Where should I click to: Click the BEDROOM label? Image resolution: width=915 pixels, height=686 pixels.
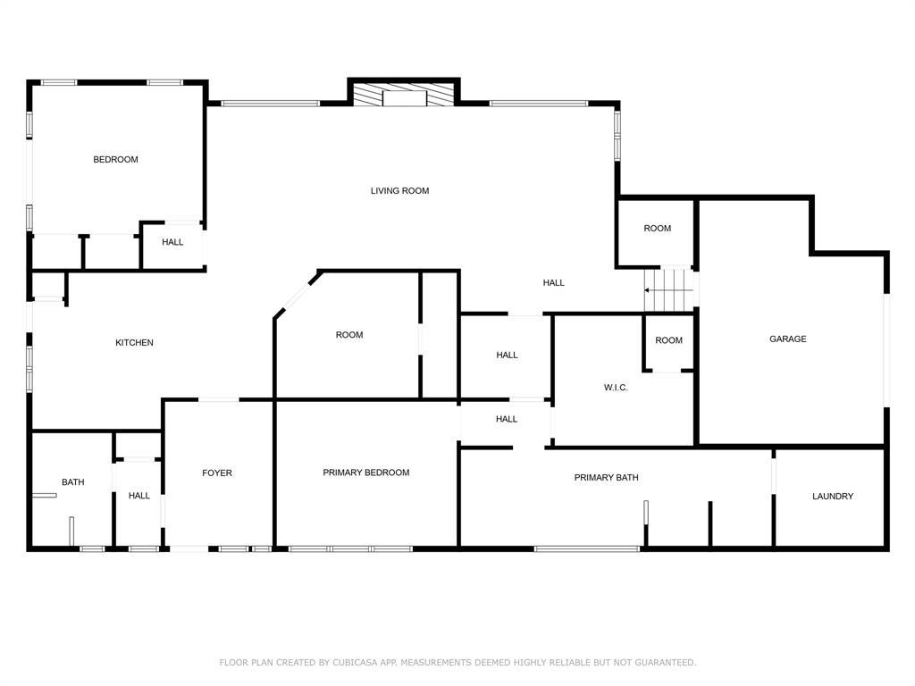point(115,159)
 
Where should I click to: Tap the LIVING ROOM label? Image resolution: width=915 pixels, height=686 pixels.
point(399,191)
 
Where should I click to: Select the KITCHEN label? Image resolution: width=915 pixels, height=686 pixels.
point(134,342)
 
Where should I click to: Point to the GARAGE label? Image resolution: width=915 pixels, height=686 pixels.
point(788,339)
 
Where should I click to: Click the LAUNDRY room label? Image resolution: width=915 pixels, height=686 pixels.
point(833,497)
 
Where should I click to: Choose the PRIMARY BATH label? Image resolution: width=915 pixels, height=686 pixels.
point(607,478)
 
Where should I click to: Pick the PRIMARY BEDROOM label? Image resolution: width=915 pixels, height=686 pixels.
point(365,473)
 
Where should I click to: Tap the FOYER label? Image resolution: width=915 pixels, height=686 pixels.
point(217,473)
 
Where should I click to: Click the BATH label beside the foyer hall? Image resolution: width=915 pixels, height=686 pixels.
point(73,481)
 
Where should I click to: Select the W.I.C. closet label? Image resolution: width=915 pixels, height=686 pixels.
point(616,388)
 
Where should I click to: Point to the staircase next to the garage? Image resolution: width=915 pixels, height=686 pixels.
point(668,290)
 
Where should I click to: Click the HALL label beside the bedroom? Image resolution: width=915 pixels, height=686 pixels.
point(172,242)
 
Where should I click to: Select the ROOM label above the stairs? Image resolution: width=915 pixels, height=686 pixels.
point(657,228)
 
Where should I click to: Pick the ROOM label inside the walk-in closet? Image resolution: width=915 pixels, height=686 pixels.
point(668,340)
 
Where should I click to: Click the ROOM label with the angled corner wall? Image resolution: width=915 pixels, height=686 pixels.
point(349,335)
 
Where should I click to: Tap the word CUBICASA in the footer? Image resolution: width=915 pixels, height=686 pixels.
point(355,662)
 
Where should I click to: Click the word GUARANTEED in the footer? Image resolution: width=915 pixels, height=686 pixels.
point(665,662)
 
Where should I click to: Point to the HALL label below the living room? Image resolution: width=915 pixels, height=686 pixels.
point(554,283)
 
